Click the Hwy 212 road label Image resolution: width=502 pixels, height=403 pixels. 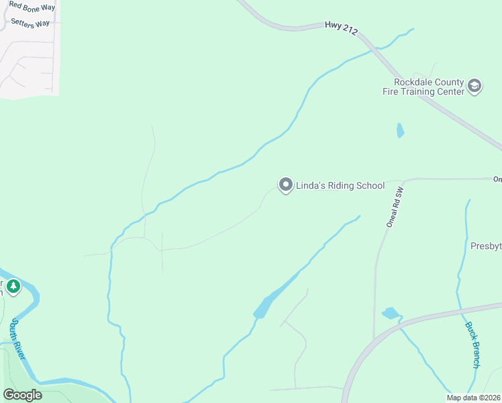pyautogui.click(x=342, y=28)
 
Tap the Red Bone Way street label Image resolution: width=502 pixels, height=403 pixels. pyautogui.click(x=32, y=7)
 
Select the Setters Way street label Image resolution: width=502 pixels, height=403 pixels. pyautogui.click(x=30, y=23)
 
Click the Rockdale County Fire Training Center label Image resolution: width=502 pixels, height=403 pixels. pyautogui.click(x=429, y=87)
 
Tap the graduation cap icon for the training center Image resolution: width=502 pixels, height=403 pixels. pyautogui.click(x=474, y=86)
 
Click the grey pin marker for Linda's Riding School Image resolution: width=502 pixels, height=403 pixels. pyautogui.click(x=285, y=185)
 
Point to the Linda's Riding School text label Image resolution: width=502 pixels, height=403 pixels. pyautogui.click(x=340, y=185)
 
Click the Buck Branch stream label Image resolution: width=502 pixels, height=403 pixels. pyautogui.click(x=472, y=345)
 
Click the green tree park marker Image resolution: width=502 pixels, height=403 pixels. pyautogui.click(x=13, y=287)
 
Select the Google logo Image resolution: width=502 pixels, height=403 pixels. pyautogui.click(x=22, y=395)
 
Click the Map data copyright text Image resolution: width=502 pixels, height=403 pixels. pyautogui.click(x=472, y=398)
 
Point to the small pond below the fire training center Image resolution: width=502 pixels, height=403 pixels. pyautogui.click(x=400, y=130)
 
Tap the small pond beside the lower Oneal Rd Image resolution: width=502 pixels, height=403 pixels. pyautogui.click(x=390, y=313)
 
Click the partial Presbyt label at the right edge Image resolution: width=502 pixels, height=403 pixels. pyautogui.click(x=486, y=246)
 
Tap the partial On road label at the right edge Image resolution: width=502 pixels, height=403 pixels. pyautogui.click(x=497, y=179)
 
